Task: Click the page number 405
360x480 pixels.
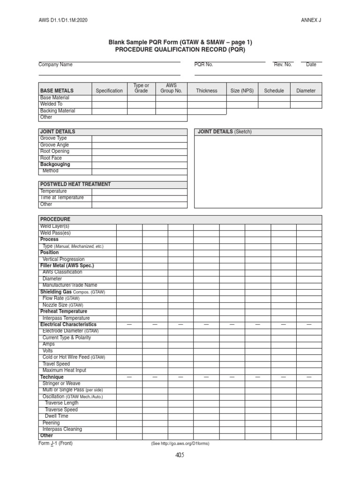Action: pyautogui.click(x=180, y=455)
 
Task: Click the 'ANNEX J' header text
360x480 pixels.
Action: pyautogui.click(x=311, y=20)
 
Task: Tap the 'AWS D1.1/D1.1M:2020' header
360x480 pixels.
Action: pyautogui.click(x=63, y=20)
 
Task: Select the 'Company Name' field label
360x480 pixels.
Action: pyautogui.click(x=55, y=65)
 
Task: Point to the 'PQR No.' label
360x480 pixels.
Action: pyautogui.click(x=204, y=65)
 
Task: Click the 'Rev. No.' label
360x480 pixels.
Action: pyautogui.click(x=283, y=65)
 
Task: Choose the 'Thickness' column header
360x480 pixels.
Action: pyautogui.click(x=207, y=91)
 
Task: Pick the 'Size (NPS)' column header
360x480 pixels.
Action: pyautogui.click(x=242, y=91)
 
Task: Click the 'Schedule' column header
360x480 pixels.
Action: pyautogui.click(x=274, y=91)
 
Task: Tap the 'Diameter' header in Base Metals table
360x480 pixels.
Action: pyautogui.click(x=306, y=91)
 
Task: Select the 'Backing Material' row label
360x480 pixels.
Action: pyautogui.click(x=58, y=111)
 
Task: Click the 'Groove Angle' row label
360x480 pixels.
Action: pyautogui.click(x=54, y=145)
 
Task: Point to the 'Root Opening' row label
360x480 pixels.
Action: pyautogui.click(x=55, y=151)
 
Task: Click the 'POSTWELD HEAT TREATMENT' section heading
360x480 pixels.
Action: pyautogui.click(x=75, y=184)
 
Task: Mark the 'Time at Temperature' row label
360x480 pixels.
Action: pyautogui.click(x=62, y=198)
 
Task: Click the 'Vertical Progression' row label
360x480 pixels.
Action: pyautogui.click(x=63, y=259)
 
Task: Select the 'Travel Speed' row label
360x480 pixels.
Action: pyautogui.click(x=56, y=364)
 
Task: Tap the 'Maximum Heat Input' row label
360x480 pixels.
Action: pyautogui.click(x=64, y=370)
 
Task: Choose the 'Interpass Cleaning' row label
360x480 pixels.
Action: pyautogui.click(x=62, y=429)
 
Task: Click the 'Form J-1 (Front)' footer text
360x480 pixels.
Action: pyautogui.click(x=55, y=443)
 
